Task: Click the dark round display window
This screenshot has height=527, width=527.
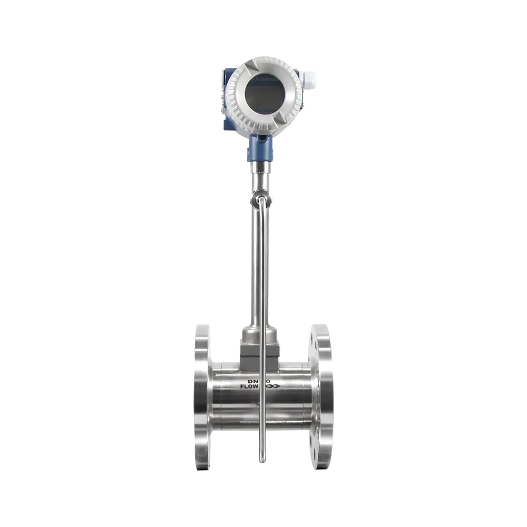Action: click(x=262, y=95)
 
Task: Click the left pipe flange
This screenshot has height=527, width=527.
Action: click(x=201, y=398)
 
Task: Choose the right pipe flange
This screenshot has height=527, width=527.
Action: click(x=323, y=398)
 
